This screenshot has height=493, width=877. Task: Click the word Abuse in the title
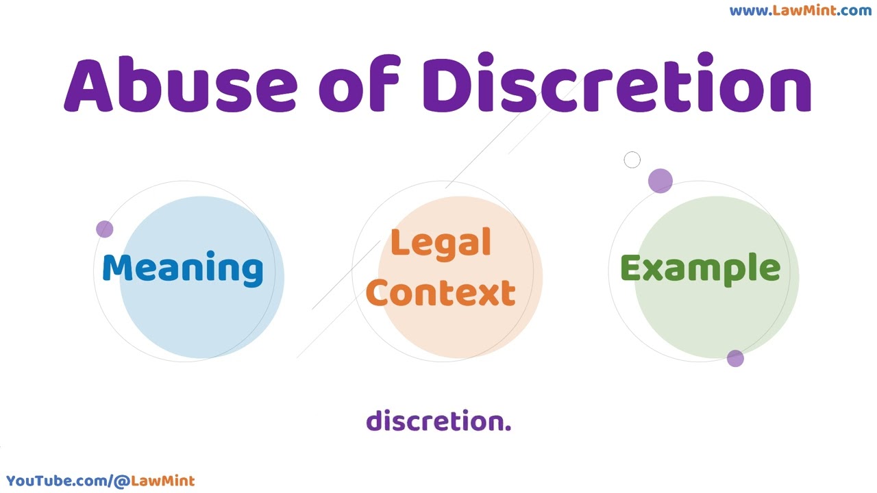(180, 84)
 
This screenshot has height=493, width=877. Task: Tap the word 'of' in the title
(360, 83)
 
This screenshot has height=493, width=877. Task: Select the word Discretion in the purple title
(617, 81)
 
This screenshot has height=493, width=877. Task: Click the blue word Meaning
(183, 269)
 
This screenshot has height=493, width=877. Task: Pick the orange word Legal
(441, 243)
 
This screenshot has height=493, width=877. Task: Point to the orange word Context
(441, 292)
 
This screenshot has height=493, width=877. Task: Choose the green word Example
(701, 269)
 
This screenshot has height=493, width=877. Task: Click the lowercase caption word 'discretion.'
(438, 420)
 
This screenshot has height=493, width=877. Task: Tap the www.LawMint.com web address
(801, 10)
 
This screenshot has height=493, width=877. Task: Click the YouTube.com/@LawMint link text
(100, 481)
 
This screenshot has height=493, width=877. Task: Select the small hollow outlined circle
(632, 160)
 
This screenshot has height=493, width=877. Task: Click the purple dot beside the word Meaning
(105, 229)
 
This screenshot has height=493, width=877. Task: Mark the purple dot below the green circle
(735, 358)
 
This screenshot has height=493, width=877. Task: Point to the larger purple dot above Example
(660, 181)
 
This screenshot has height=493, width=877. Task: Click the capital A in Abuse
(88, 86)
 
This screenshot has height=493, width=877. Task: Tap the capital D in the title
(448, 85)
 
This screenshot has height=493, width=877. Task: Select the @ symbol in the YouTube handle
(122, 481)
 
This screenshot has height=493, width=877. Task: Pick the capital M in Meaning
(117, 268)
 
